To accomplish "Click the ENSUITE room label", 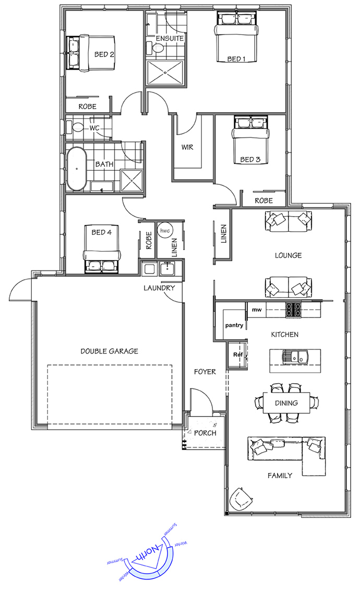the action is click(170, 39).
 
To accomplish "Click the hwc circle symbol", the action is click(165, 231).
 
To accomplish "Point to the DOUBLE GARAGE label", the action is click(109, 351).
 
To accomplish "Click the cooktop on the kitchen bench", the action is click(293, 310).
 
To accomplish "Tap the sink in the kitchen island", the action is click(295, 357).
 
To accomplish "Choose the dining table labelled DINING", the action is click(286, 403).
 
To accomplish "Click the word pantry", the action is click(234, 325).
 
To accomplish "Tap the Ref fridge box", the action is click(237, 354).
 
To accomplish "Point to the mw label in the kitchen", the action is click(257, 310).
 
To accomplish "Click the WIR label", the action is click(187, 147).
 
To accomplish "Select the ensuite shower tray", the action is click(165, 73).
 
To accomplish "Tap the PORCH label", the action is click(205, 433).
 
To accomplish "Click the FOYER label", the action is click(205, 372).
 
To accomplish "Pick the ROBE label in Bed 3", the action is click(263, 201).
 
